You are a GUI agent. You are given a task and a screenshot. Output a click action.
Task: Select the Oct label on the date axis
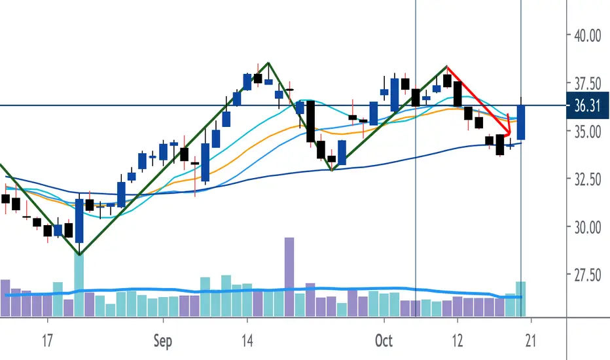[x=384, y=341]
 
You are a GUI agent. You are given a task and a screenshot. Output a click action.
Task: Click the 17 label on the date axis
[x=47, y=341]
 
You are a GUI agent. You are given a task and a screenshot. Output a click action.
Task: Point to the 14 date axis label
[x=247, y=341]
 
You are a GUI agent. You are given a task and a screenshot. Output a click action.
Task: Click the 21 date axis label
[x=531, y=341]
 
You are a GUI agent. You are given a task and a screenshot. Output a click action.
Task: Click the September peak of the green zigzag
[x=268, y=63]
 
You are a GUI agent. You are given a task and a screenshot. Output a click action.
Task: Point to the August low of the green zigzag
[x=79, y=254]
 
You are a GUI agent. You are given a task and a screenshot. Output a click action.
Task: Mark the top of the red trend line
[x=447, y=67]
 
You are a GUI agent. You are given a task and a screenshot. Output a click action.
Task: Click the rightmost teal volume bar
[x=521, y=298]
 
